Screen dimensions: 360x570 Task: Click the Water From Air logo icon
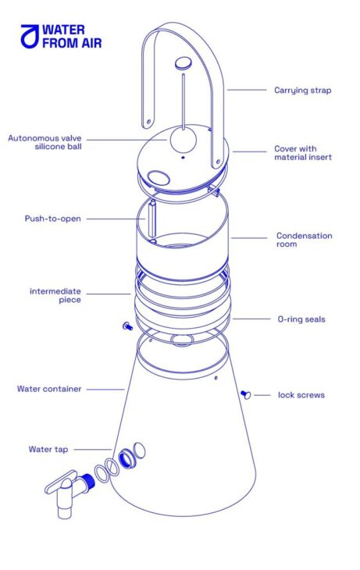coord(30,37)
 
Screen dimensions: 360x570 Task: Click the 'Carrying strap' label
coord(302,90)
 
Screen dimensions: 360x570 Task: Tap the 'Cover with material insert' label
coord(303,153)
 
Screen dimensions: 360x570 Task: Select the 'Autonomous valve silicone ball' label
coord(45,142)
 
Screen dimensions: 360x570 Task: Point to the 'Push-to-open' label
coord(53,219)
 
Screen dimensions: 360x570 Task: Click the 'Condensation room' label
coord(304,240)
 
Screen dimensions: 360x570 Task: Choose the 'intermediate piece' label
coord(55,295)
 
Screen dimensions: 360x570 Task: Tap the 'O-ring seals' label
coord(301,319)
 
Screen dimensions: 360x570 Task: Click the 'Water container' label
coord(49,389)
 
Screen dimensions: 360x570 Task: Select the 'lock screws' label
coord(301,395)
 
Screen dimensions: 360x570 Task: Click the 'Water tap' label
coord(48,449)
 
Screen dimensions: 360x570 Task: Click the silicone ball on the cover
coord(184,141)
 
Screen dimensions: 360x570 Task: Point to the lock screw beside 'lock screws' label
coord(246,394)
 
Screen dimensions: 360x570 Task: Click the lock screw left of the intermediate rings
coord(127,326)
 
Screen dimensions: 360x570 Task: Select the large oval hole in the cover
coord(159,177)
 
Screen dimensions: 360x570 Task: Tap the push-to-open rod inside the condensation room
coord(152,219)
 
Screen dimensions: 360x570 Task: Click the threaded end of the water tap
coord(87,480)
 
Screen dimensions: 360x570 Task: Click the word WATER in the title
coord(63,30)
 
